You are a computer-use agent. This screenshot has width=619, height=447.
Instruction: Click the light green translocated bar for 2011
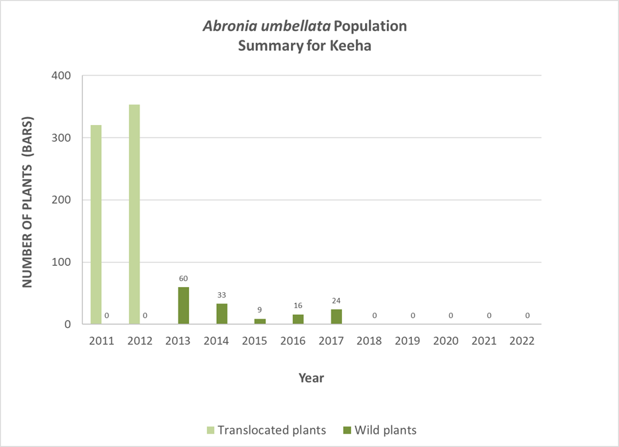[96, 225]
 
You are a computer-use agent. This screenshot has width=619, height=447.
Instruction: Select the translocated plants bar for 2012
[134, 214]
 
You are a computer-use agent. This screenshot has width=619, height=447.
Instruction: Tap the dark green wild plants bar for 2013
[183, 305]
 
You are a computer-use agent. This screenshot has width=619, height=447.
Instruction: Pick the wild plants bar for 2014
[222, 314]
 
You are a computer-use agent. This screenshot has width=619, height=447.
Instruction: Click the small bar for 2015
[260, 321]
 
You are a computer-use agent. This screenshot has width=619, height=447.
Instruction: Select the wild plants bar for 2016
[298, 319]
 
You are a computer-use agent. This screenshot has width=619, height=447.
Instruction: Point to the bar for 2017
[337, 317]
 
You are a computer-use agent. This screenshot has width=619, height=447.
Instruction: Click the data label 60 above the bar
[183, 278]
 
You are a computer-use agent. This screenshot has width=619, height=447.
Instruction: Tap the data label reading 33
[222, 295]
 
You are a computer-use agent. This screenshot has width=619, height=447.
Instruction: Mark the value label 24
[337, 301]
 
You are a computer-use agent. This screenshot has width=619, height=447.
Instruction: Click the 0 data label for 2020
[451, 316]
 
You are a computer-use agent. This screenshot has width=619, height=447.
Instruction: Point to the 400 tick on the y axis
[62, 76]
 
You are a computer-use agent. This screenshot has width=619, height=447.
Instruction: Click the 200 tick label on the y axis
[62, 200]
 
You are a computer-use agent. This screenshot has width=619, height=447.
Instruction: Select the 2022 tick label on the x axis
[522, 342]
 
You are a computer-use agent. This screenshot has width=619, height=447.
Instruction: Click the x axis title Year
[311, 378]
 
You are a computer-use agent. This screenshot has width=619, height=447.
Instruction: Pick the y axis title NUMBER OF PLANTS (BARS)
[28, 201]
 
